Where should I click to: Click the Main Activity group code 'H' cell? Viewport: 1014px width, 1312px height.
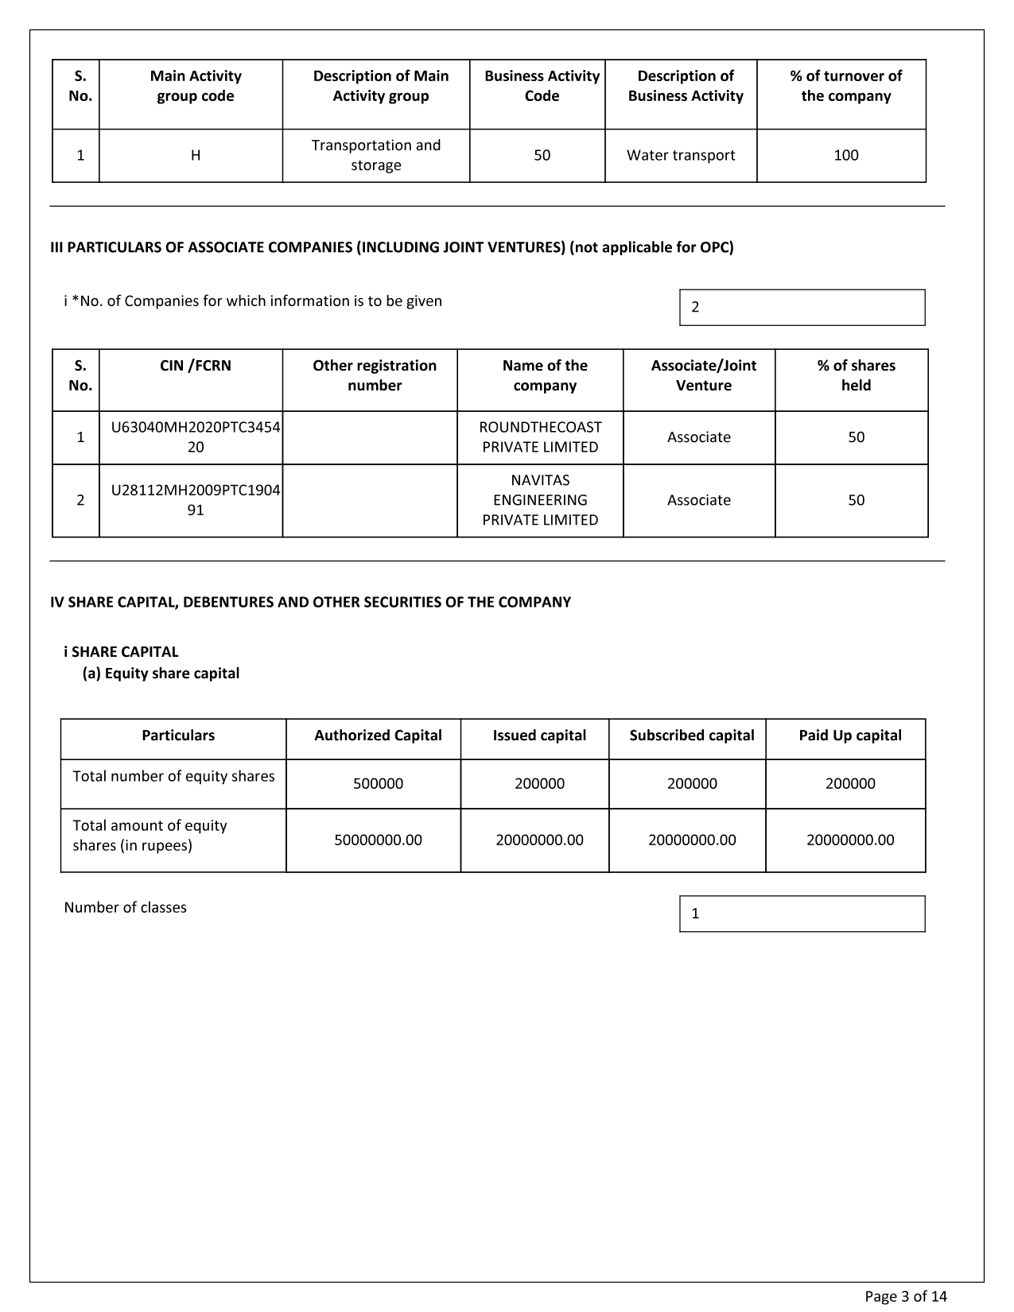pyautogui.click(x=195, y=156)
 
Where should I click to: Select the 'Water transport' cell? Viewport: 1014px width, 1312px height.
pyautogui.click(x=681, y=156)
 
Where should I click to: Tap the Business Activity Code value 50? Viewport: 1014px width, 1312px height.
pyautogui.click(x=542, y=156)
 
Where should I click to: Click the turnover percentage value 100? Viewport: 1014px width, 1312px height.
pyautogui.click(x=845, y=156)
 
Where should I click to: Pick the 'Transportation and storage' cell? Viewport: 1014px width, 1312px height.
pyautogui.click(x=376, y=156)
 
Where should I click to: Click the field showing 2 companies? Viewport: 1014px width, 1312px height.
pyautogui.click(x=802, y=308)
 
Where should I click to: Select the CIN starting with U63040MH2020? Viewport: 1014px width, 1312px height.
pyautogui.click(x=195, y=437)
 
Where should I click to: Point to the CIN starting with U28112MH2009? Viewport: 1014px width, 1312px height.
pyautogui.click(x=195, y=500)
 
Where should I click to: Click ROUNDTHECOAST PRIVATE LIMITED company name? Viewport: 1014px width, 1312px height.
pyautogui.click(x=540, y=437)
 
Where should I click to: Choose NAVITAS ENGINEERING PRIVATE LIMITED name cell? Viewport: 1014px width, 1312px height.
pyautogui.click(x=540, y=500)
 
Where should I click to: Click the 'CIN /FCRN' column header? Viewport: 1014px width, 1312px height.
pyautogui.click(x=195, y=366)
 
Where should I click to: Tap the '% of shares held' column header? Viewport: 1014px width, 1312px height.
pyautogui.click(x=856, y=375)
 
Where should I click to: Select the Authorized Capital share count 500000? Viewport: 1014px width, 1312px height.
pyautogui.click(x=378, y=784)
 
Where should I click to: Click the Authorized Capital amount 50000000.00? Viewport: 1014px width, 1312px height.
pyautogui.click(x=378, y=840)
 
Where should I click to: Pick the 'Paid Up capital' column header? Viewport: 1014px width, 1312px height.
pyautogui.click(x=849, y=736)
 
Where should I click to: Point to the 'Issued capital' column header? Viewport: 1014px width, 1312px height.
pyautogui.click(x=539, y=736)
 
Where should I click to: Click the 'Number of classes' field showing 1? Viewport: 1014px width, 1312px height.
pyautogui.click(x=802, y=914)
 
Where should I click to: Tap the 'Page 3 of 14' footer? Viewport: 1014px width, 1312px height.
pyautogui.click(x=906, y=1297)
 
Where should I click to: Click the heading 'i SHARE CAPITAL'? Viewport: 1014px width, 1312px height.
pyautogui.click(x=121, y=652)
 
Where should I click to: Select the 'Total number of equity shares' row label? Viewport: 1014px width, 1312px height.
pyautogui.click(x=173, y=777)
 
